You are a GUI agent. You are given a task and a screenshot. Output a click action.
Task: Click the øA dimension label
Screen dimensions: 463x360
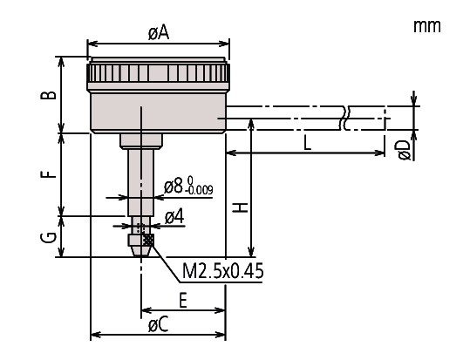[159, 33]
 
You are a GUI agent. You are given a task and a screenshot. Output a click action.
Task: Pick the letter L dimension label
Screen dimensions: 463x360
[308, 144]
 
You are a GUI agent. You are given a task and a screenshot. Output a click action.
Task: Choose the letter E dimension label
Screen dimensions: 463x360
[183, 301]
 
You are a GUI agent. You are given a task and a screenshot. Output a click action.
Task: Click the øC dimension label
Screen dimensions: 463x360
[159, 325]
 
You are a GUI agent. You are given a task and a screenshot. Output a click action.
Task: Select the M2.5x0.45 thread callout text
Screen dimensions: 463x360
[222, 271]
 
